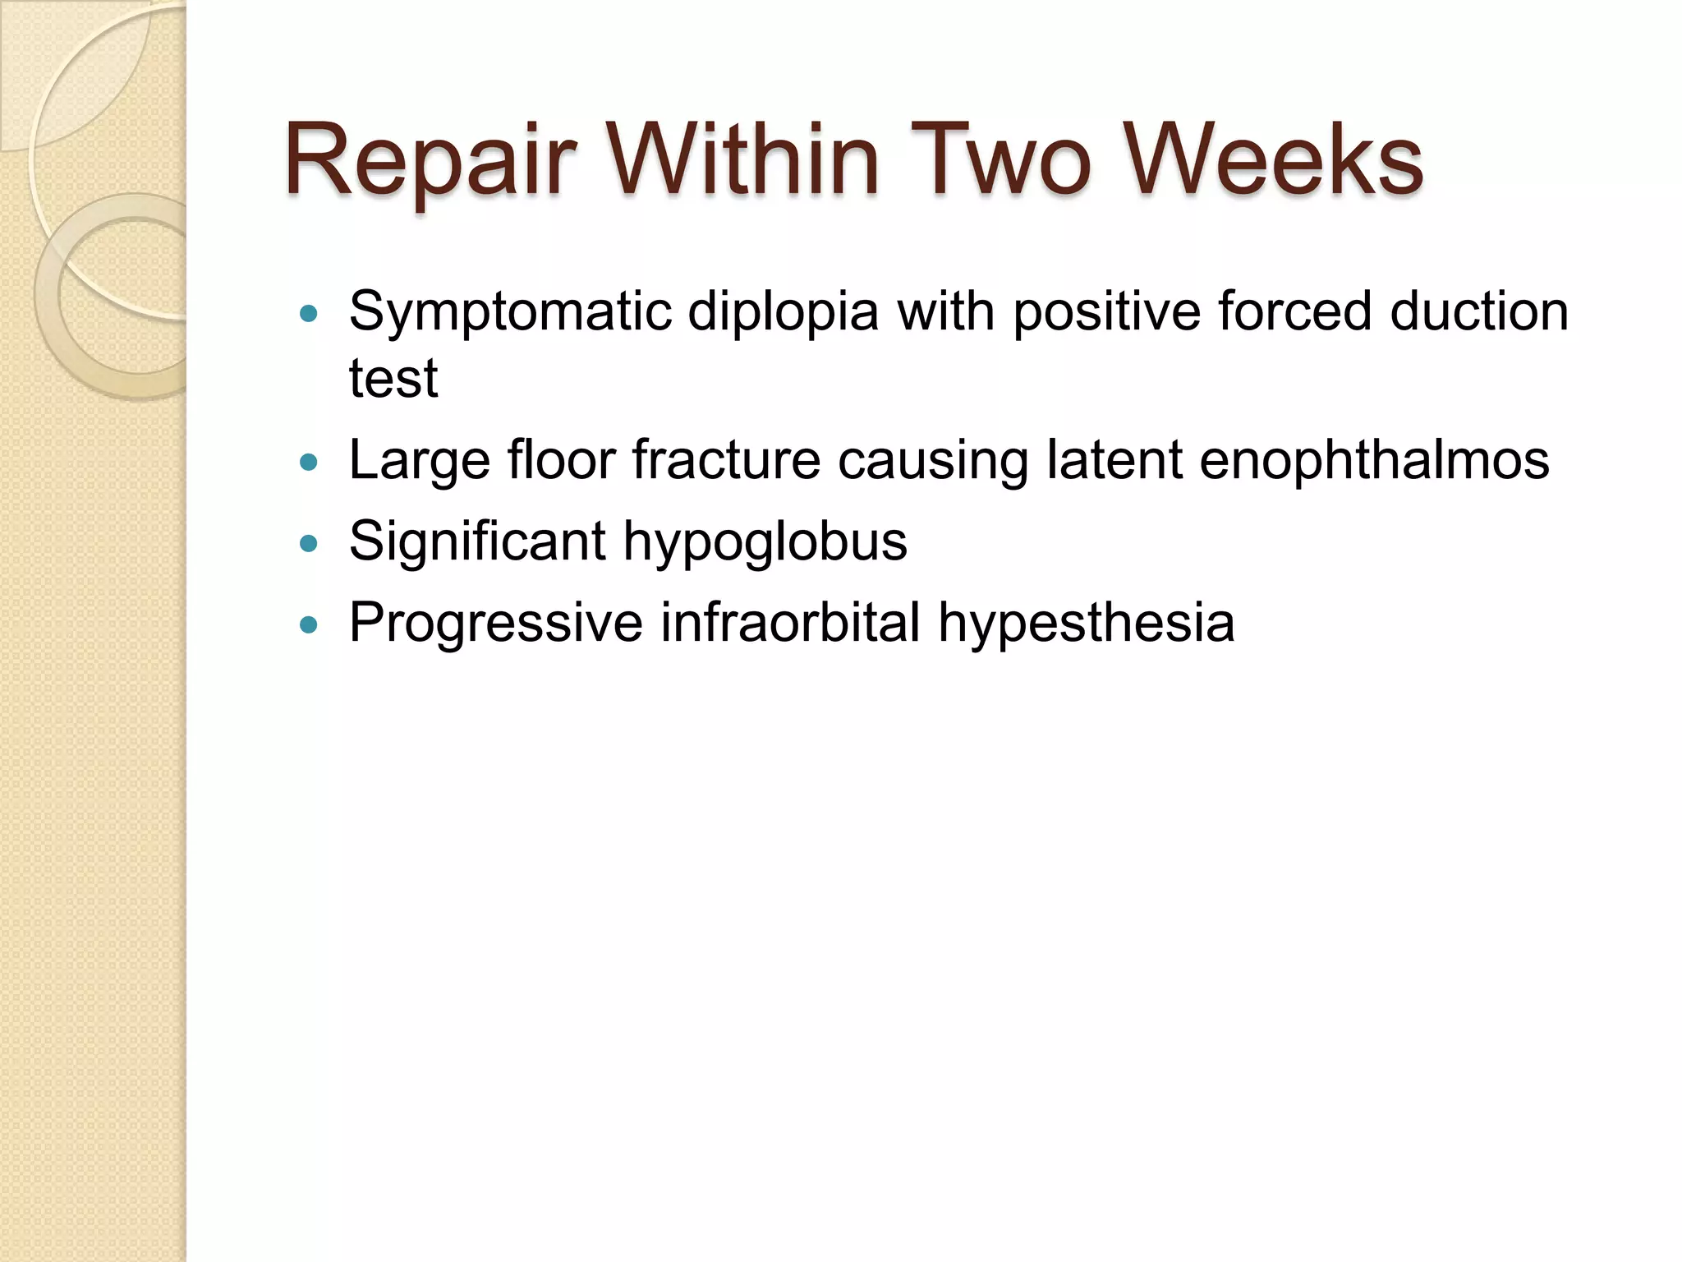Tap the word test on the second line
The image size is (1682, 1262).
(x=393, y=379)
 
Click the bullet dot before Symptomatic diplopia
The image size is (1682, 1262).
(x=309, y=313)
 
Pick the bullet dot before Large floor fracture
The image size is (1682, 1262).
(x=309, y=463)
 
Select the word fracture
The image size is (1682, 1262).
(x=726, y=460)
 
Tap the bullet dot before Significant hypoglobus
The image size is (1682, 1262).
(x=309, y=543)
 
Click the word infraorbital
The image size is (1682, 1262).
(x=790, y=623)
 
